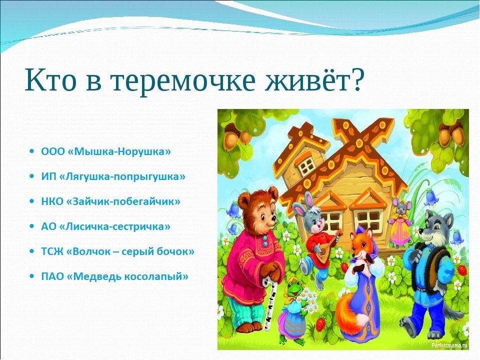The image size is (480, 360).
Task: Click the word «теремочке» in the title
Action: point(182,80)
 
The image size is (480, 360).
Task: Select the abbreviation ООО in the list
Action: point(53,151)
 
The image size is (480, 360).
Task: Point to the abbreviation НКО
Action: point(52,201)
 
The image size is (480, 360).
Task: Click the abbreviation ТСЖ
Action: point(52,251)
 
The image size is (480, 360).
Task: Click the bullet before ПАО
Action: point(32,276)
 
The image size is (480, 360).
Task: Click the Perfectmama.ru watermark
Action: point(449,345)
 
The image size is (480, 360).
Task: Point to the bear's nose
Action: point(272,218)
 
